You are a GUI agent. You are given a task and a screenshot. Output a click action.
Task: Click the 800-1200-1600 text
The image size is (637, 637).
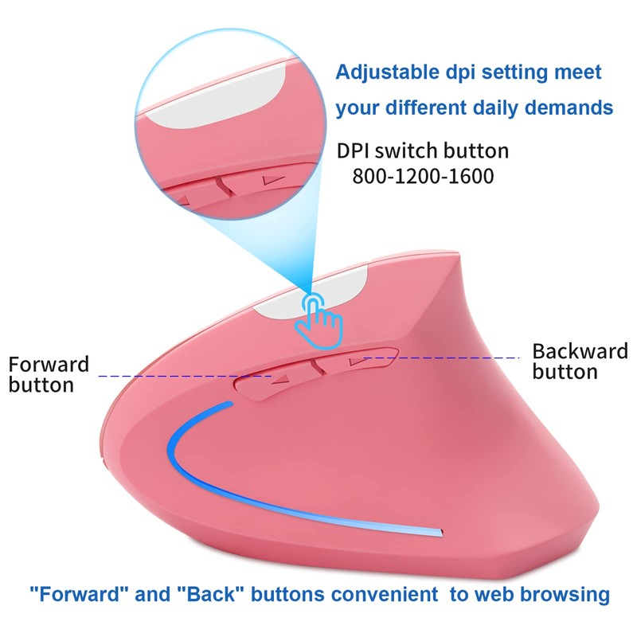tap(422, 174)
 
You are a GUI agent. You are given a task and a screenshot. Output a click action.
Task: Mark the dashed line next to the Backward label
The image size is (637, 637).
tap(446, 358)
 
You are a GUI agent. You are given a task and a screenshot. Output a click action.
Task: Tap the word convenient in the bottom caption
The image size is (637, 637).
tap(394, 593)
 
